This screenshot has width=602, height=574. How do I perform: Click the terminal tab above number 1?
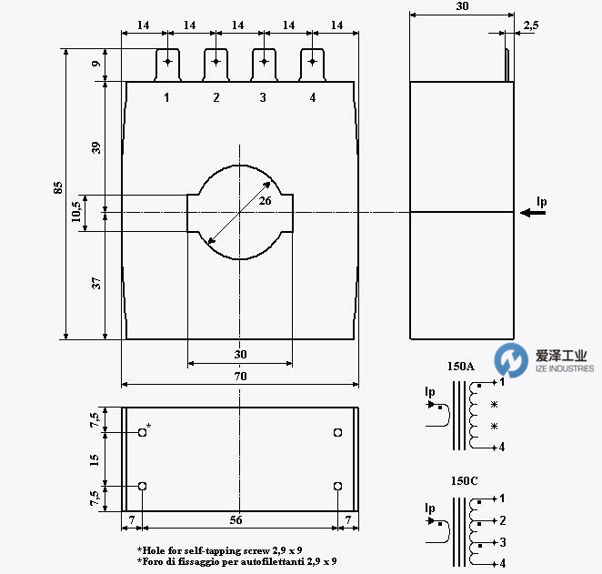[x=167, y=65]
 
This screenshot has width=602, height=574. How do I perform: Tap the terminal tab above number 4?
[x=312, y=65]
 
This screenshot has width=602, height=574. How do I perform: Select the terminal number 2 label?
[x=216, y=97]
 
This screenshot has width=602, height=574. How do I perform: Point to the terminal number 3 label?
[x=263, y=97]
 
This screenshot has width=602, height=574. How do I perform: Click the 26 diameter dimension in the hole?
[x=265, y=200]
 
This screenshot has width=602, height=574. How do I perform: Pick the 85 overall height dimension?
[x=58, y=187]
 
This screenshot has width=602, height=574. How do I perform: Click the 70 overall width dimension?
[x=239, y=375]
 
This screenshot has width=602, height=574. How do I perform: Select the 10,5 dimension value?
[x=76, y=213]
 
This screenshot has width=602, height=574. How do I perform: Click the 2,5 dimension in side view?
[x=529, y=27]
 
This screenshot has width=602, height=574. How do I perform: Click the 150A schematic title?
[x=460, y=367]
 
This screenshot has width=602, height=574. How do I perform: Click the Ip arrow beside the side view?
[x=535, y=213]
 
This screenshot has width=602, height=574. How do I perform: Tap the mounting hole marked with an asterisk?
[x=143, y=433]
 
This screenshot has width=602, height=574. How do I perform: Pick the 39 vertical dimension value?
[x=97, y=146]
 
